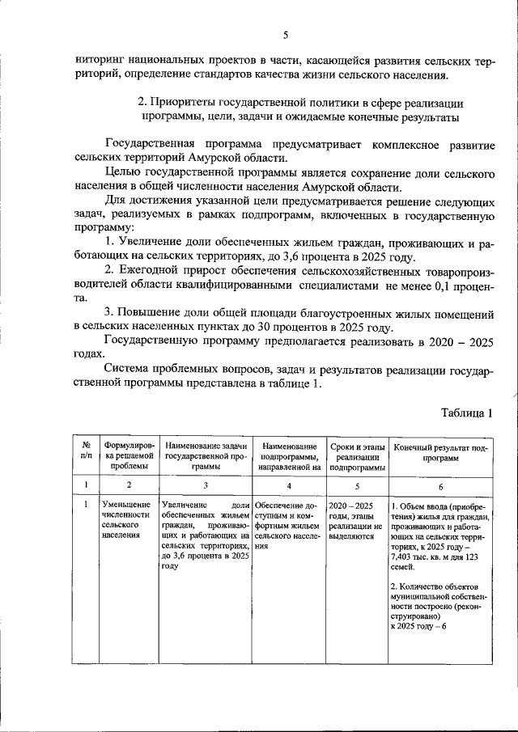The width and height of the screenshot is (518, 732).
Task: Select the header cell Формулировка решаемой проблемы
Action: [x=128, y=456]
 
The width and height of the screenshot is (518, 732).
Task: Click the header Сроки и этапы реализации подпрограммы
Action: [x=356, y=456]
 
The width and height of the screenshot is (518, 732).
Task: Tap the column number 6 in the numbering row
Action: [x=440, y=487]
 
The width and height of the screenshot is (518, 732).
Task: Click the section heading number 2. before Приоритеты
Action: [x=142, y=104]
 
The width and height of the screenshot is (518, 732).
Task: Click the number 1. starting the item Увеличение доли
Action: [x=111, y=243]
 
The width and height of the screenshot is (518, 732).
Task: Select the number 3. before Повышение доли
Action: [x=111, y=312]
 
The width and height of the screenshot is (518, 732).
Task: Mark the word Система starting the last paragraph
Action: [x=129, y=369]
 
